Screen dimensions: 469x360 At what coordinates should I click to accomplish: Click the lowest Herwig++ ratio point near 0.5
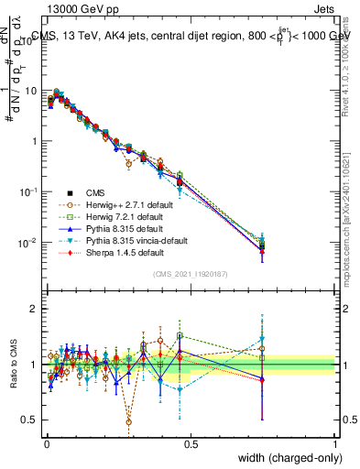click(128, 421)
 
